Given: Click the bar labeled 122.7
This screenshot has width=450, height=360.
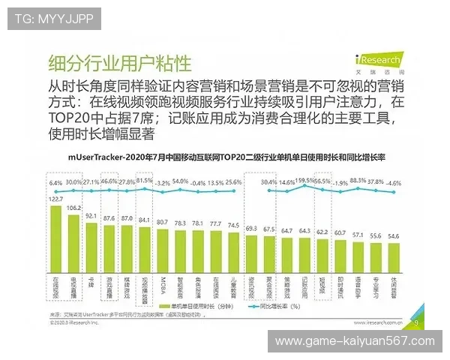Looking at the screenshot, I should pos(56,255).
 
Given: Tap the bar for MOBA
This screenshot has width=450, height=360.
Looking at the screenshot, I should pos(162,270).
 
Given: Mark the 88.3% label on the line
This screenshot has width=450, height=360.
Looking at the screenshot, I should pos(358,181).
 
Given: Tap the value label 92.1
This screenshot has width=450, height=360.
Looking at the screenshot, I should pos(91,216).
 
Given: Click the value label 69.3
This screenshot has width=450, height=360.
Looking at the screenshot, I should pos(250,228).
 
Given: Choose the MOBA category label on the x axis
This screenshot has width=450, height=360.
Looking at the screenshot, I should pos(163,289).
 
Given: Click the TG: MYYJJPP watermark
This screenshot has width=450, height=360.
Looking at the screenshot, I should pos(50,17).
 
